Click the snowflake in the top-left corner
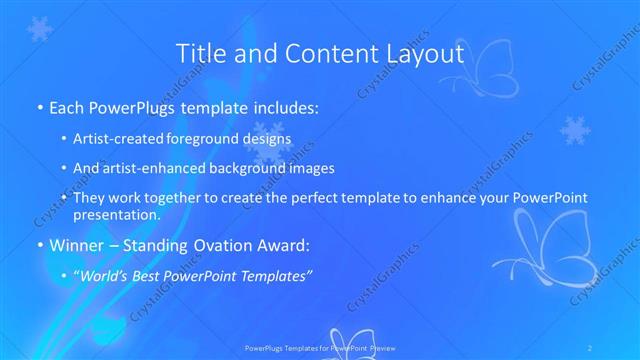(39, 29)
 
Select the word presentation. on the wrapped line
(116, 215)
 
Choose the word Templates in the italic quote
(277, 273)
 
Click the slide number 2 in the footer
(592, 348)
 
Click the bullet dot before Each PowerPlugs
(38, 106)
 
